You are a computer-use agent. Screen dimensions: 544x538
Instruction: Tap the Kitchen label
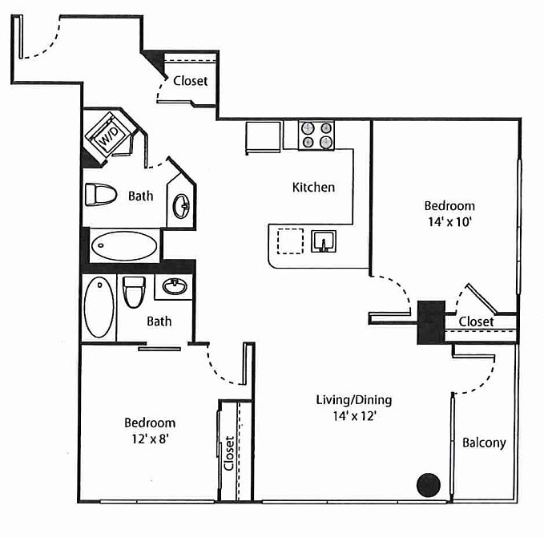tap(313, 188)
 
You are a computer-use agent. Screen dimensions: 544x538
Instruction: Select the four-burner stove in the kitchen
tap(316, 136)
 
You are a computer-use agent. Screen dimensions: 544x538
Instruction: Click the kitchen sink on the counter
tap(324, 241)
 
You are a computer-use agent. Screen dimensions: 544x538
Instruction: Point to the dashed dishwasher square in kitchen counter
tap(290, 241)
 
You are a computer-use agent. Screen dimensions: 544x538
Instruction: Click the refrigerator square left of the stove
tap(264, 137)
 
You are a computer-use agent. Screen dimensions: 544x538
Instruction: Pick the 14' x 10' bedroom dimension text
tap(449, 222)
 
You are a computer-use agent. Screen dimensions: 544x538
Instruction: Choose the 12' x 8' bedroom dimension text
tap(150, 439)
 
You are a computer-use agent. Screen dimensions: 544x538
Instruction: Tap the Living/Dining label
tap(354, 400)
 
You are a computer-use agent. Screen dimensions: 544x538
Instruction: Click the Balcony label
tap(484, 443)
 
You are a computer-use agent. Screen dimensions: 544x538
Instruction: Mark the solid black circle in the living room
tap(429, 485)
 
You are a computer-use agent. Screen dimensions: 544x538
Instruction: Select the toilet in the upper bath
tap(101, 195)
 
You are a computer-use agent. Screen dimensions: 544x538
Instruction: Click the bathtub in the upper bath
tap(124, 245)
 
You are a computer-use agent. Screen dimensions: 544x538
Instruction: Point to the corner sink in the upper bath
tap(181, 206)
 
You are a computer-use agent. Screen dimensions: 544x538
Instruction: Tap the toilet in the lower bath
tap(134, 293)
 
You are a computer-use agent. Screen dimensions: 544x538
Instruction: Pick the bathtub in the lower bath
tap(99, 307)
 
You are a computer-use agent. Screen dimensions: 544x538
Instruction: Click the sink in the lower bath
tap(175, 286)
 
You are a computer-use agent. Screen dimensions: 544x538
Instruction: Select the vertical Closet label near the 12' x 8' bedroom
tap(229, 453)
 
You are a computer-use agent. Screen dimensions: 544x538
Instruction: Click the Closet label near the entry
tap(191, 81)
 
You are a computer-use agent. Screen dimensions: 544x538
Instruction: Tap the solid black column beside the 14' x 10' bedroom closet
tap(431, 322)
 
